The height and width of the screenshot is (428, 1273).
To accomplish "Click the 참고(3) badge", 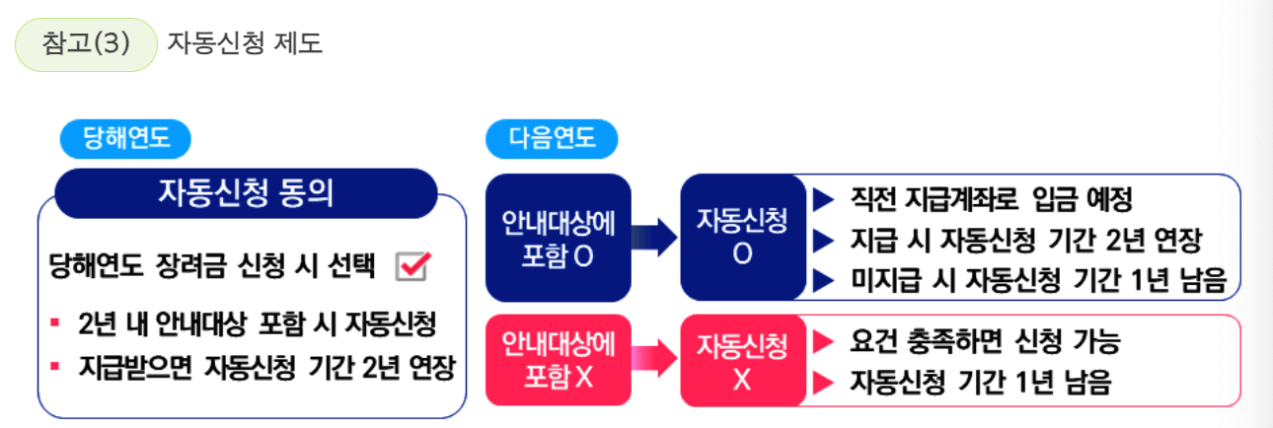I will coord(87,44).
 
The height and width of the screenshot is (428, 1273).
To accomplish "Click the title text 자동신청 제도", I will coord(245,44).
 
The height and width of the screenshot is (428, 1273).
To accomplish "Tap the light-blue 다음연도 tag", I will coord(552,139).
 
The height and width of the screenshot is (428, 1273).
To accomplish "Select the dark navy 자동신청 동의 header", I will coord(246,192).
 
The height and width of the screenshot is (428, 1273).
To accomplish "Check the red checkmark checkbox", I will coord(411,265).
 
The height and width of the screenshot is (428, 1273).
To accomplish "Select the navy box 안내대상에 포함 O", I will coord(558,237).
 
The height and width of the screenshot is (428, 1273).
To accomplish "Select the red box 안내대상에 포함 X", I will coord(558,360).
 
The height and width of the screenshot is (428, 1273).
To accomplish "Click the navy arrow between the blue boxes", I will coord(655,237).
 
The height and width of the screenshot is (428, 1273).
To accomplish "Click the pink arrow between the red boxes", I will coord(655,360).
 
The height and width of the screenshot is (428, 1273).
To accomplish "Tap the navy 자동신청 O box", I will coord(742,237).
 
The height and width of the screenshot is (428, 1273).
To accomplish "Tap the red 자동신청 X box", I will coord(742,360).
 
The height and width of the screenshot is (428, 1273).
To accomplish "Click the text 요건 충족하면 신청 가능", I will coord(984,341).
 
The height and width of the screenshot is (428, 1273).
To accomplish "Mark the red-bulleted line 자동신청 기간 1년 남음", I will coord(980,383).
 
